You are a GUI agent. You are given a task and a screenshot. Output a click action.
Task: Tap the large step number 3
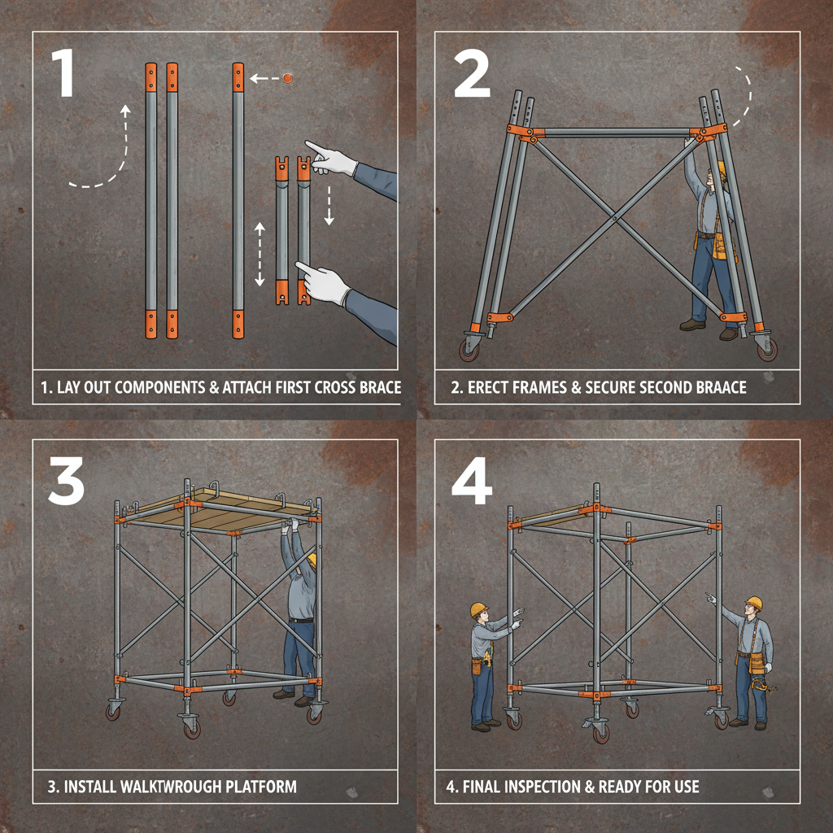click(66, 479)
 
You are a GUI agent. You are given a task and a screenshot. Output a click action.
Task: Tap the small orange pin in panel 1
click(286, 79)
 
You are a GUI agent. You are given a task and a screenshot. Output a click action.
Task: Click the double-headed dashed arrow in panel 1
click(259, 254)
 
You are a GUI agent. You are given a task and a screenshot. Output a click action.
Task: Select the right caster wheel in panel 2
click(766, 347)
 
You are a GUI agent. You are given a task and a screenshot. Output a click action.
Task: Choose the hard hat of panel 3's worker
click(312, 560)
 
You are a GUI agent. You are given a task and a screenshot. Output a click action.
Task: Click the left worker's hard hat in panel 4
click(478, 609)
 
